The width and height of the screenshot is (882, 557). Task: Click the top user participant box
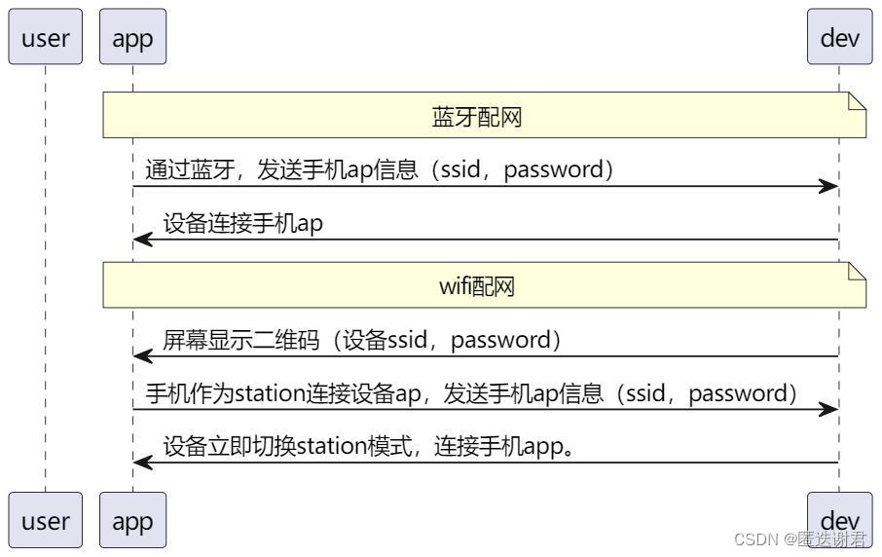pyautogui.click(x=45, y=38)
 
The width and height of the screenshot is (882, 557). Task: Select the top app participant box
pyautogui.click(x=132, y=38)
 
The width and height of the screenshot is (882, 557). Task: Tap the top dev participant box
pyautogui.click(x=839, y=38)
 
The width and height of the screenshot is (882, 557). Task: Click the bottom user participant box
pyautogui.click(x=45, y=520)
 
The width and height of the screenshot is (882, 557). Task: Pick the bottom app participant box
pyautogui.click(x=132, y=520)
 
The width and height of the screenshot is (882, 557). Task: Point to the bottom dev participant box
pyautogui.click(x=839, y=516)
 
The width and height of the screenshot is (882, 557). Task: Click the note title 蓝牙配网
pyautogui.click(x=477, y=117)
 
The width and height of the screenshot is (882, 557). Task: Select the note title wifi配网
pyautogui.click(x=477, y=286)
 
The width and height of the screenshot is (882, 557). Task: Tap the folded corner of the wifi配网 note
pyautogui.click(x=858, y=272)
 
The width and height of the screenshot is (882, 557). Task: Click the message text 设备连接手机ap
pyautogui.click(x=242, y=224)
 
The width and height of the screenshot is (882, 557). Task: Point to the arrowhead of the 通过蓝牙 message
pyautogui.click(x=829, y=186)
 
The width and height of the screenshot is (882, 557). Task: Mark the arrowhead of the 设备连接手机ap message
pyautogui.click(x=142, y=240)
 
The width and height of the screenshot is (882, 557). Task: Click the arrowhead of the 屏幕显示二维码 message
pyautogui.click(x=142, y=356)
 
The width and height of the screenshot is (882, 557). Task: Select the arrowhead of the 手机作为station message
pyautogui.click(x=829, y=410)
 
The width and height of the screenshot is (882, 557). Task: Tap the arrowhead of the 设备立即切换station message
pyautogui.click(x=142, y=463)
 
